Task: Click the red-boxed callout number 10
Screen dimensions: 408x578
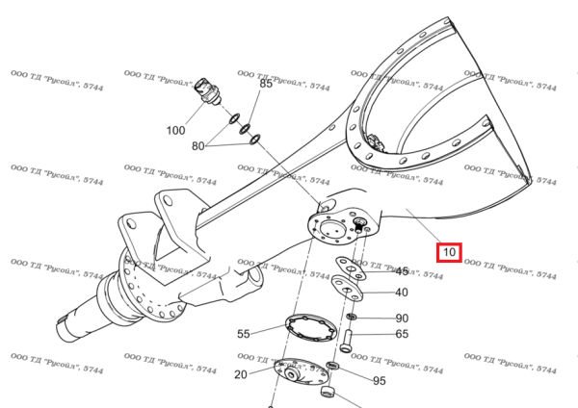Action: pyautogui.click(x=449, y=253)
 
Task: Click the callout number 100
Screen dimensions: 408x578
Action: pyautogui.click(x=176, y=130)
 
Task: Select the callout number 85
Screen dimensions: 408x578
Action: pyautogui.click(x=267, y=85)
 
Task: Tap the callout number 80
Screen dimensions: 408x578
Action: pyautogui.click(x=198, y=146)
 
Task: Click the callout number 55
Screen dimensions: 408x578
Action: pyautogui.click(x=244, y=334)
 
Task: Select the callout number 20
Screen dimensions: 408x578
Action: pyautogui.click(x=240, y=373)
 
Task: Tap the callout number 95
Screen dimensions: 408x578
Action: pyautogui.click(x=380, y=381)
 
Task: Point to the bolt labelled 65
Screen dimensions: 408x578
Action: pyautogui.click(x=348, y=339)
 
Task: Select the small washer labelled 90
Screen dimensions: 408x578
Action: pyautogui.click(x=352, y=317)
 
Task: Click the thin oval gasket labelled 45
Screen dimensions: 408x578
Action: pyautogui.click(x=347, y=265)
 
